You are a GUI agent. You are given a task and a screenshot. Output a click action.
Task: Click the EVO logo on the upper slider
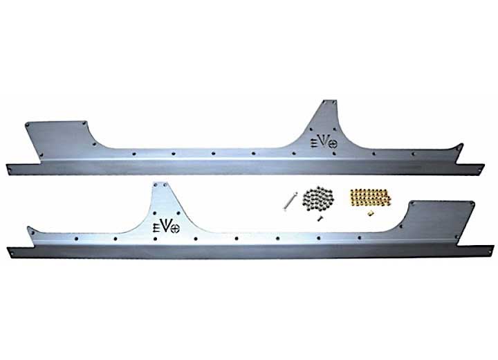[x=323, y=143]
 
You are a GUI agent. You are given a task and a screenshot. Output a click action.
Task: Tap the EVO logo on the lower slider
[x=167, y=226]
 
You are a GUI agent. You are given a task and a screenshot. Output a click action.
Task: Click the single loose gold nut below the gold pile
[x=369, y=214]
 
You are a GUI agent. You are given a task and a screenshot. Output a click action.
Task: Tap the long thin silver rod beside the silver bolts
[x=290, y=201]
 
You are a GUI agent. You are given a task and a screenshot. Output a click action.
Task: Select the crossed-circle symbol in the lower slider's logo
[x=175, y=228]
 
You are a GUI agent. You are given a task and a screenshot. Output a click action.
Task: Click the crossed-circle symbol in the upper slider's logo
[x=332, y=144]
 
